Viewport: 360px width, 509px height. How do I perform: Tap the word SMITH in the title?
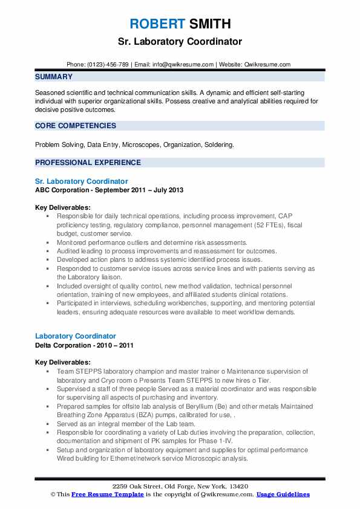[x=209, y=24]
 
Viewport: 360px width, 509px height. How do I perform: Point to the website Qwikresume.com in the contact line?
[x=267, y=64]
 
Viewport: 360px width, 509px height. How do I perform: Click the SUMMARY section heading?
[x=54, y=77]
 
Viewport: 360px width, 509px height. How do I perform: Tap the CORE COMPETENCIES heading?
[x=76, y=126]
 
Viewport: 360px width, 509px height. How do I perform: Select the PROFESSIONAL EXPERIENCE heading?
[x=88, y=163]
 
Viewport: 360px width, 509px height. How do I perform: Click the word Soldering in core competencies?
[x=218, y=145]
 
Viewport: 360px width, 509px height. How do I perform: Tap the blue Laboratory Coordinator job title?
[x=76, y=336]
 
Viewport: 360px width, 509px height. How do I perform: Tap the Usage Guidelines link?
[x=283, y=494]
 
